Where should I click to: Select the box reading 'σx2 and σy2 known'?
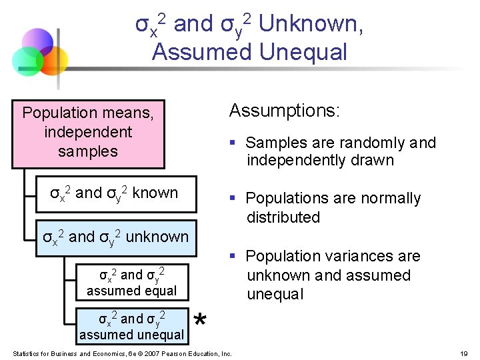[115, 194]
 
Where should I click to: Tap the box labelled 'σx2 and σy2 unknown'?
[115, 237]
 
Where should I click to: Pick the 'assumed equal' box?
[132, 282]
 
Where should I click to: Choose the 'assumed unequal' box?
[132, 326]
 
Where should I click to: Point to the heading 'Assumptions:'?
[284, 111]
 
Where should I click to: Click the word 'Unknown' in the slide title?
[309, 25]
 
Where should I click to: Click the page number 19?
[465, 353]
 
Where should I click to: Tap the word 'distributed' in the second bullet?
[283, 217]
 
